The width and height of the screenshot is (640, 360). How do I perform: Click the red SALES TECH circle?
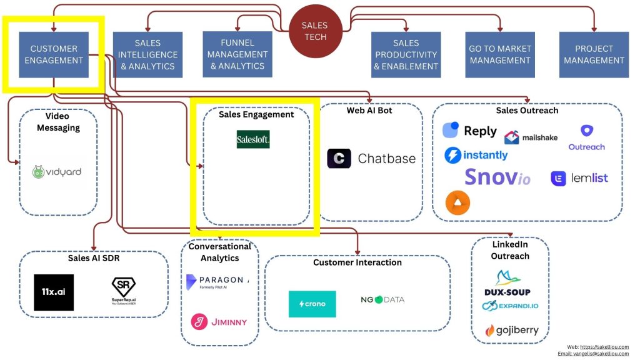(315, 31)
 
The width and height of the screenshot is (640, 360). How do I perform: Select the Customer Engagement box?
(54, 55)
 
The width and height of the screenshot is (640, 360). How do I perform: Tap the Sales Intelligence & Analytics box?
(147, 55)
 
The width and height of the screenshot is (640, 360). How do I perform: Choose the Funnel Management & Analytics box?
(237, 54)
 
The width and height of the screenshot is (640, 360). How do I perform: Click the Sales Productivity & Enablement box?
(406, 55)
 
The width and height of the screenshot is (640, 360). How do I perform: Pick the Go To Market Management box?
(499, 55)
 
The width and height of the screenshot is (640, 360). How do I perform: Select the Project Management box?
(593, 55)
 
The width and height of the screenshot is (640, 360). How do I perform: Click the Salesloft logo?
(253, 139)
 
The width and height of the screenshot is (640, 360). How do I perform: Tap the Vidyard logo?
(57, 172)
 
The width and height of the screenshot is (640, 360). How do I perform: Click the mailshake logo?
(531, 137)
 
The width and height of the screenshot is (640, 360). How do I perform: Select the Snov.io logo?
(497, 177)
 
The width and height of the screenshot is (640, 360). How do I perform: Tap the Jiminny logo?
(219, 322)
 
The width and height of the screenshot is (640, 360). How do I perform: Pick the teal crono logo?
(312, 304)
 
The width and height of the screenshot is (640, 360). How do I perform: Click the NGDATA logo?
(382, 299)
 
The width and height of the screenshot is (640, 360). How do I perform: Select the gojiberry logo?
(511, 330)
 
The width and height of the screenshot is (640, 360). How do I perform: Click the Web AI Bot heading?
(370, 111)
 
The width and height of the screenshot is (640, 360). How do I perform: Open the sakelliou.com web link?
(604, 347)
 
